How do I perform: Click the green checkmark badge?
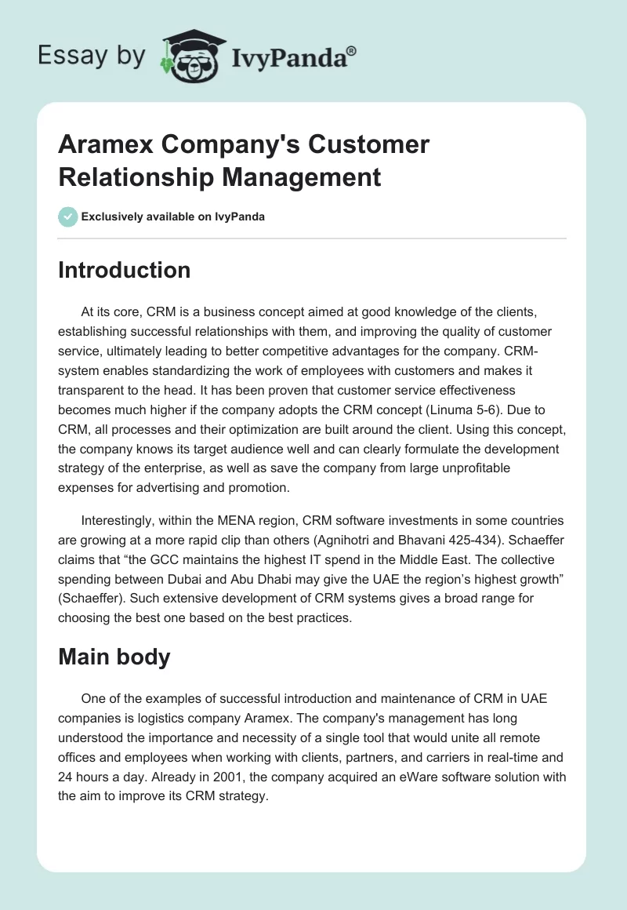click(68, 217)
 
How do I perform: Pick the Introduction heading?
click(124, 270)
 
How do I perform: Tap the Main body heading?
click(114, 657)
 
